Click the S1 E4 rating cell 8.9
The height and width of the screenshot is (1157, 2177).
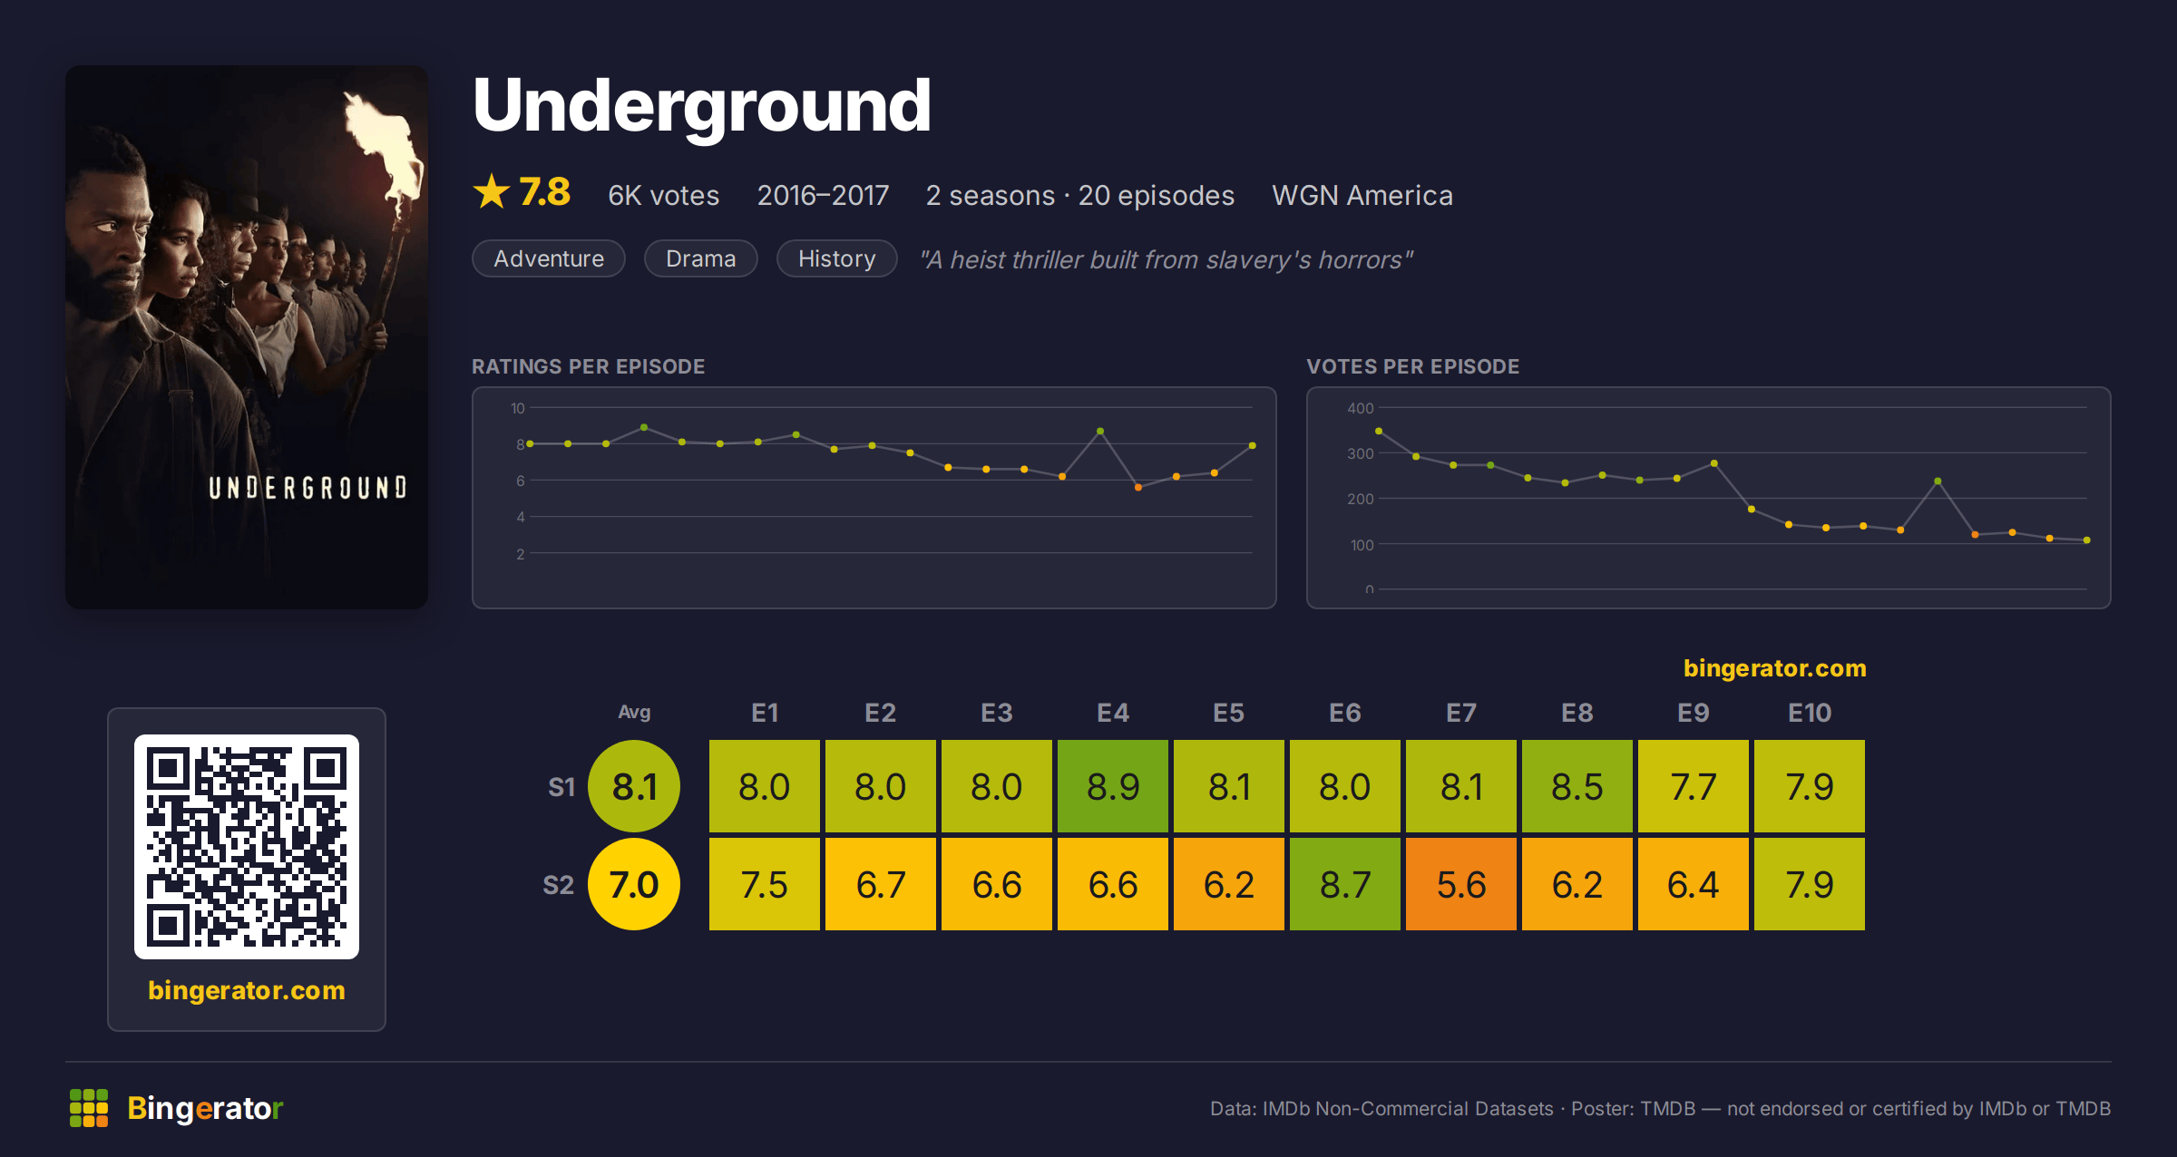point(1113,786)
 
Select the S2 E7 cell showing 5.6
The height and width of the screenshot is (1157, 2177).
point(1461,884)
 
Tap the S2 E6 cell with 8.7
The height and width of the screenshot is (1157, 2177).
point(1345,884)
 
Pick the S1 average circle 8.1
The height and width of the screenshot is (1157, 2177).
point(634,786)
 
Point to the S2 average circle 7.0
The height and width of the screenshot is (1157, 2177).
point(634,884)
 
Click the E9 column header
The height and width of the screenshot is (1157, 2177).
point(1694,713)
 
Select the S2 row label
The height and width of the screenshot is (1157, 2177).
point(559,885)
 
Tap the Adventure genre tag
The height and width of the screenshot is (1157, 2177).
point(549,258)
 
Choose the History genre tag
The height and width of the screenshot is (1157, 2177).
point(836,258)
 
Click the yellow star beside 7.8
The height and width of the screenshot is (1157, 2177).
point(492,191)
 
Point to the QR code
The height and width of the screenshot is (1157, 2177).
point(247,847)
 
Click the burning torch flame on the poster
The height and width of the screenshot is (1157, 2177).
point(386,145)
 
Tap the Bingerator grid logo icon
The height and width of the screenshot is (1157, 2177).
point(89,1108)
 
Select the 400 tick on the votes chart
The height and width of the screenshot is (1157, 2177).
point(1361,408)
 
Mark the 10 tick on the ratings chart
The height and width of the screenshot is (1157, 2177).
point(518,408)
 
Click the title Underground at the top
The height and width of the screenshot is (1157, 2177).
point(702,107)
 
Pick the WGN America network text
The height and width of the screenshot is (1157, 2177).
point(1362,195)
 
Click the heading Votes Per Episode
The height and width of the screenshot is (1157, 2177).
point(1412,366)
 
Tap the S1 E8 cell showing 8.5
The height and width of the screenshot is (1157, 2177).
point(1577,786)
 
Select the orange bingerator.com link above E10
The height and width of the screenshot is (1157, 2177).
point(1775,668)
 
